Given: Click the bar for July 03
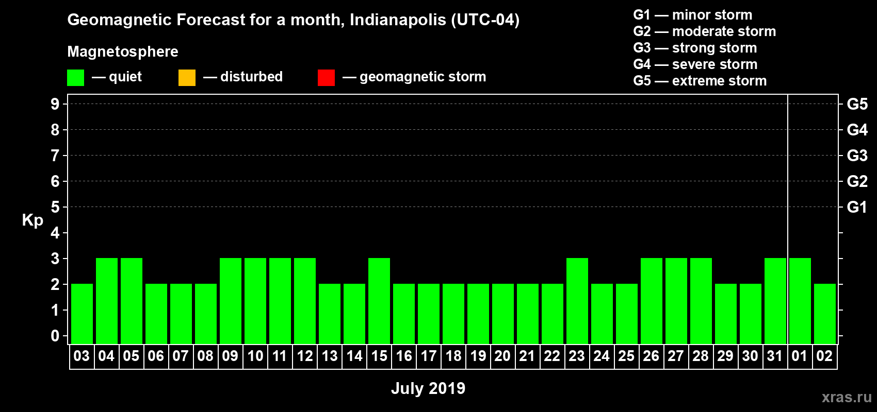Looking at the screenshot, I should point(82,314).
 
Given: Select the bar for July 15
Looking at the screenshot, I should point(379,301).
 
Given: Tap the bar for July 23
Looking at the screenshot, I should point(577,301).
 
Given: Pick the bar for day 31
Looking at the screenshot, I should point(775,301).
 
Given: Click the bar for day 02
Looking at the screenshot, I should point(825,314).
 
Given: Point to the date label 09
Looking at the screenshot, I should point(230,356).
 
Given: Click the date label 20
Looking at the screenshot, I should point(502,356).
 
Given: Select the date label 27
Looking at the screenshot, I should point(676,356).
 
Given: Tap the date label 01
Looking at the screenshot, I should point(800,356).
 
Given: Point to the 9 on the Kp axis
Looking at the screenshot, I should point(55,104).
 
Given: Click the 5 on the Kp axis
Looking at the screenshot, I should point(55,207).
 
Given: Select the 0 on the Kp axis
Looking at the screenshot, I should point(55,336).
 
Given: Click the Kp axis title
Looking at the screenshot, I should point(33,220).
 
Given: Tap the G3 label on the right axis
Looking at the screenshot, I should point(857,156).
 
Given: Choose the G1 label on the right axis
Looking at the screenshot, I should point(857,207).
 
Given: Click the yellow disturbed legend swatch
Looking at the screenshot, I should point(187,78).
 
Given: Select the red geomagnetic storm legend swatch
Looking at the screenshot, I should point(326,78).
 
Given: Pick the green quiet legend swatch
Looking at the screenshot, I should point(75,78).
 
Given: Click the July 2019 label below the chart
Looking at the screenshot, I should point(428,388).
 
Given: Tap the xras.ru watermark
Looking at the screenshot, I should point(847,397).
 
